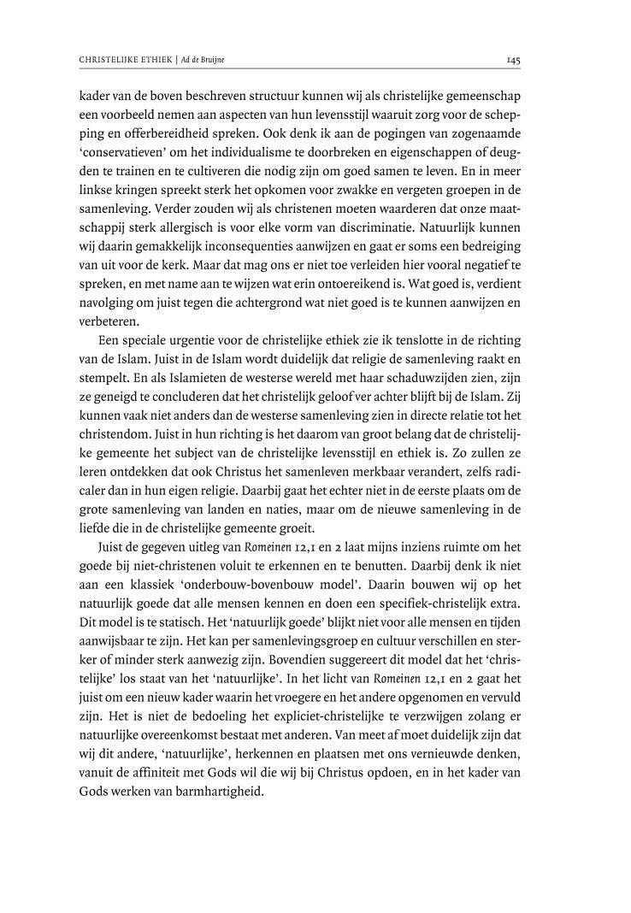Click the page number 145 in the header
[x=514, y=61]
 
